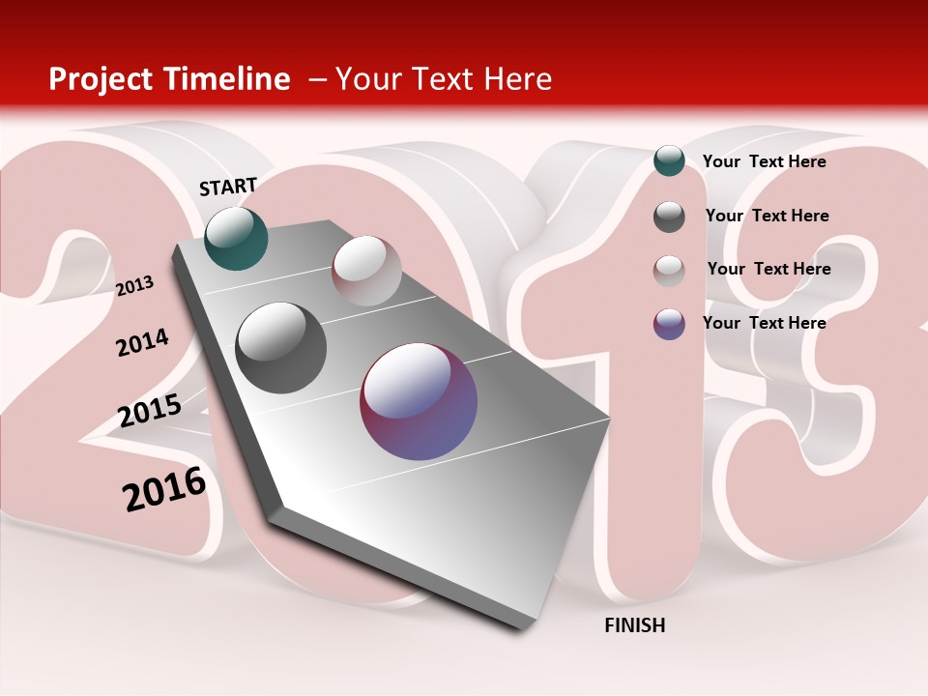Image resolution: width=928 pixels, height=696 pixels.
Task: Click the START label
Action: coord(228,187)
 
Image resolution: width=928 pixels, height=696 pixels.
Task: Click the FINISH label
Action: coord(635,625)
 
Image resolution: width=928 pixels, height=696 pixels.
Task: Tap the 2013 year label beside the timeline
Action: coord(134,285)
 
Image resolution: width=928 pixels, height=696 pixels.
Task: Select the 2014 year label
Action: coord(142,342)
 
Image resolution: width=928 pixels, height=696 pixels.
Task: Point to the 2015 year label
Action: coord(150,411)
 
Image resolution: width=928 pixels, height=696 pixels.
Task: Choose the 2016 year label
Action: coord(164,489)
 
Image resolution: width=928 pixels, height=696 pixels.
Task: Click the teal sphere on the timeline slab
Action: coord(236,239)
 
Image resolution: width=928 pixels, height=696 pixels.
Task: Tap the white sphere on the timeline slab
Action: coord(366,271)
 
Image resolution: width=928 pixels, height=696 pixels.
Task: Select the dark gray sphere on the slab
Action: coord(281,348)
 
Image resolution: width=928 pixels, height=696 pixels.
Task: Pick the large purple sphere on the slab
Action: coord(419,401)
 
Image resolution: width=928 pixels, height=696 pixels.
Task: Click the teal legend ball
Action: coord(669,160)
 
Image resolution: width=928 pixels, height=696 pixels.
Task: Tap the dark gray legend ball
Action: coord(669,217)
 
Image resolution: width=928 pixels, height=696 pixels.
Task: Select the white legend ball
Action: coord(669,271)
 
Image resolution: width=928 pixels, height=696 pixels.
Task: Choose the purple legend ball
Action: coord(669,324)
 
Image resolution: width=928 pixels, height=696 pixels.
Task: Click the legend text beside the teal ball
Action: coord(764,161)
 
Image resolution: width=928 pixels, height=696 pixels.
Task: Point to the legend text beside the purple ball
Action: coord(764,323)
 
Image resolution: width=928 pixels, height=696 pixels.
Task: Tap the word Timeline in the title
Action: coord(230,79)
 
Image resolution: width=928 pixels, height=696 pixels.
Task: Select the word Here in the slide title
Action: coord(517,79)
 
